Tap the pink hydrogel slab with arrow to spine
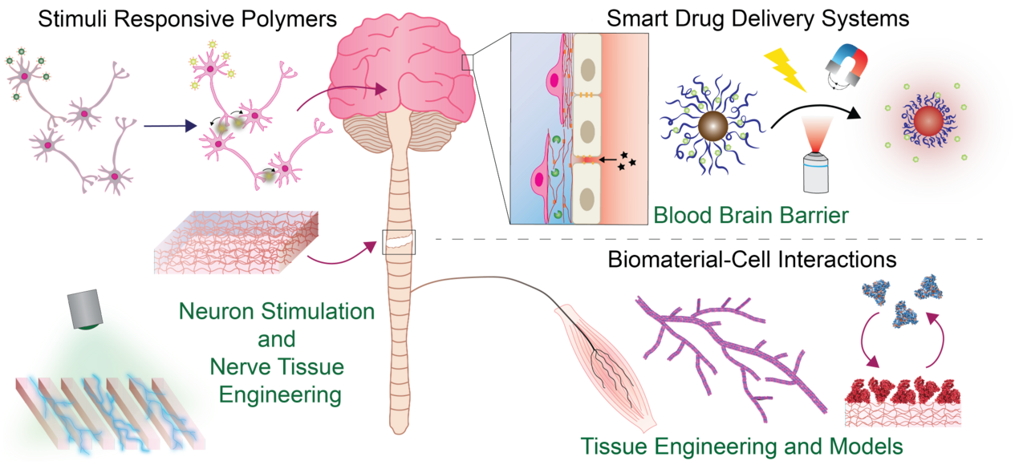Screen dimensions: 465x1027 (237, 243)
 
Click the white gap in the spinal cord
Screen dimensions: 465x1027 (398, 239)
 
